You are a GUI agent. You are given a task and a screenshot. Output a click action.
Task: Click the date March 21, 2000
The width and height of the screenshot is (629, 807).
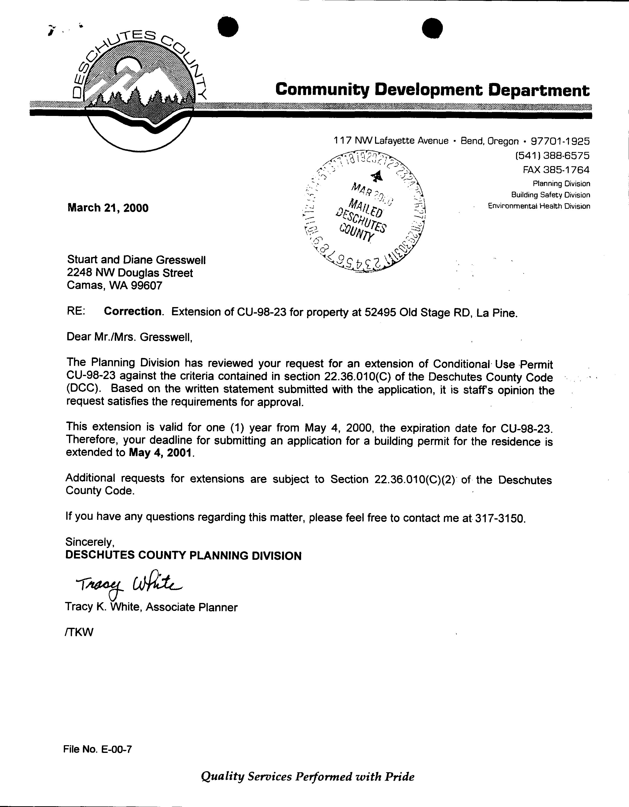tap(108, 208)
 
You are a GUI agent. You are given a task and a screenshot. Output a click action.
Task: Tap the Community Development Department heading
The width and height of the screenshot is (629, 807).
tap(432, 90)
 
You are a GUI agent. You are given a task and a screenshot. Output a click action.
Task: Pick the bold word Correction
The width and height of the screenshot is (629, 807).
tap(133, 312)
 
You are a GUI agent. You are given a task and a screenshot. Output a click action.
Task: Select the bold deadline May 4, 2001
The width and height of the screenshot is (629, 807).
tap(161, 453)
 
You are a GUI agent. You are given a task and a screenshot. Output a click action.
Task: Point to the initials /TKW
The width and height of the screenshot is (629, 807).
tap(79, 632)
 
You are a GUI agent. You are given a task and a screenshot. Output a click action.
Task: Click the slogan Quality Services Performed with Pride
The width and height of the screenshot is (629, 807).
tap(308, 776)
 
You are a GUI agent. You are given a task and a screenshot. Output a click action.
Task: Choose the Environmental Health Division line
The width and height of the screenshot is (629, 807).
tap(539, 206)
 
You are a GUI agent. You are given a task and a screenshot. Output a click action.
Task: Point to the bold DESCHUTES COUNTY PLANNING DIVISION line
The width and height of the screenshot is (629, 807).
tap(183, 556)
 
